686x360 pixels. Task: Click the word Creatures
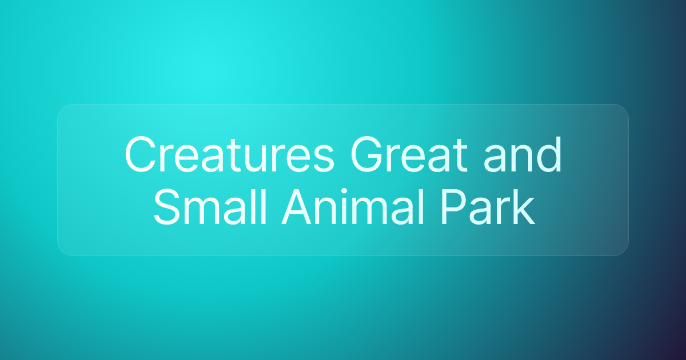[x=229, y=155]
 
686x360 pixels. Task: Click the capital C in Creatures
[x=140, y=155]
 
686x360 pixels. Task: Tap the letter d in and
[x=549, y=155]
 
